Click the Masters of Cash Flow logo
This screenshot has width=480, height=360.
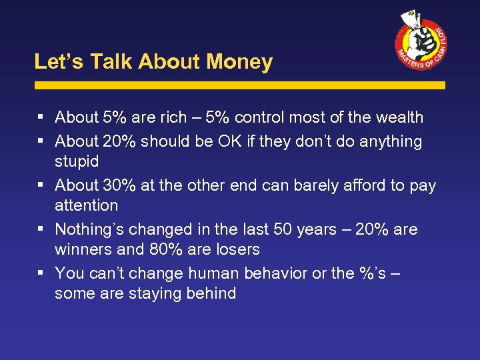tap(420, 41)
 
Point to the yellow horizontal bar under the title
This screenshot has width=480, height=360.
tap(240, 85)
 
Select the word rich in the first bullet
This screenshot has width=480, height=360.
tap(174, 117)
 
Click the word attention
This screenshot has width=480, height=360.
tap(86, 205)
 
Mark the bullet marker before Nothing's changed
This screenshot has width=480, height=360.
tap(41, 229)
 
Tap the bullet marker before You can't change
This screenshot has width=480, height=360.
tap(41, 273)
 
